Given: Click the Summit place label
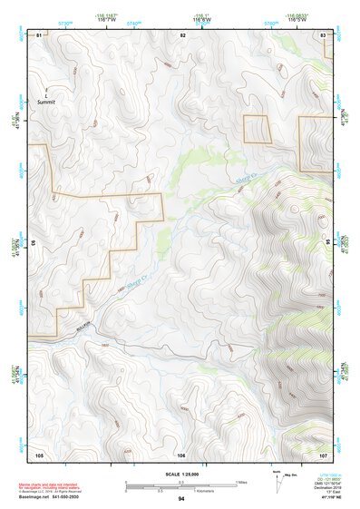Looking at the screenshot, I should click(x=46, y=103).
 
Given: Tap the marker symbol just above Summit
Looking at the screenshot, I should click(x=46, y=94).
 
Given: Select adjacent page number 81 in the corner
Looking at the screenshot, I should click(x=39, y=34).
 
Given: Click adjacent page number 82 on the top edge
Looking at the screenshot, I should click(x=183, y=34).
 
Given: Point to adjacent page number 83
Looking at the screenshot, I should click(x=324, y=34).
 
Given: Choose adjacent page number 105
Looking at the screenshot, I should click(x=39, y=454).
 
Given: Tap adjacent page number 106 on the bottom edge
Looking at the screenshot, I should click(x=181, y=454).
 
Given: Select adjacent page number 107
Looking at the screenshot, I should click(x=324, y=454).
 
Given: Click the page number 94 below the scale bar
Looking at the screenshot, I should click(x=181, y=499).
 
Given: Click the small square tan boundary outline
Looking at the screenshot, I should click(x=258, y=129).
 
